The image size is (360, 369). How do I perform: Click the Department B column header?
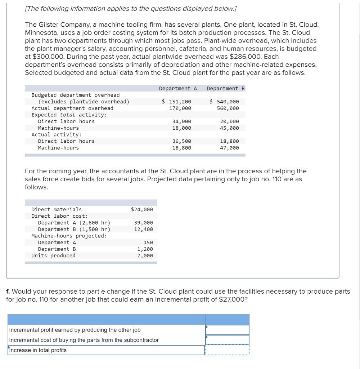click(x=226, y=88)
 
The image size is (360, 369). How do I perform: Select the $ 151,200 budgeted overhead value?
click(x=176, y=102)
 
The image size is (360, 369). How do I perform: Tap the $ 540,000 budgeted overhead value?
click(x=224, y=102)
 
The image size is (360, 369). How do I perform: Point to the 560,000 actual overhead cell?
click(x=228, y=108)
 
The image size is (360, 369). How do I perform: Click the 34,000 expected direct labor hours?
click(x=182, y=121)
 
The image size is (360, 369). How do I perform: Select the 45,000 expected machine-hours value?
click(x=229, y=128)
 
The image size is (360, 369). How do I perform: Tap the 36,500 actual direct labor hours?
click(x=182, y=141)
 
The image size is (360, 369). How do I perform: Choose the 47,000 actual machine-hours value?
click(x=229, y=148)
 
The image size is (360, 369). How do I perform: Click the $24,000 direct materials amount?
click(x=142, y=209)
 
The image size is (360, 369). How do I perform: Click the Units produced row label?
click(x=53, y=255)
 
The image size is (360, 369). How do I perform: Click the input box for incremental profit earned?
click(x=227, y=330)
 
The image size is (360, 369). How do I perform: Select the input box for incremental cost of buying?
click(x=227, y=340)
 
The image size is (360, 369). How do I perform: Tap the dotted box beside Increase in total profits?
click(x=227, y=350)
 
